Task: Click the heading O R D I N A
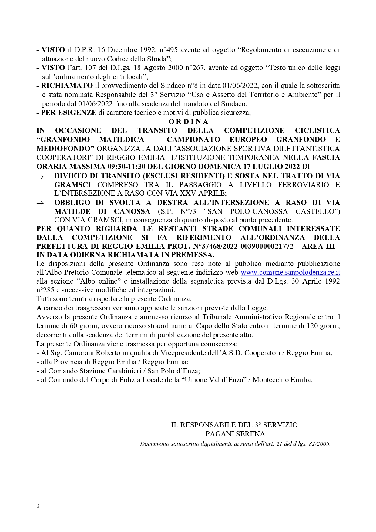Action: click(x=188, y=122)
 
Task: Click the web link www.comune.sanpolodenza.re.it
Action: click(x=290, y=272)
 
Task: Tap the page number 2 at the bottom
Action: click(x=38, y=506)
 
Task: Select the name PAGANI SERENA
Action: click(x=235, y=434)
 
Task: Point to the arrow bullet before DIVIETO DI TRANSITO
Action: click(x=40, y=177)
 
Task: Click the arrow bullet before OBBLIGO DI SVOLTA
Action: click(x=40, y=203)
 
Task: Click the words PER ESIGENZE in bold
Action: click(x=69, y=113)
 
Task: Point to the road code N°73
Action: click(x=186, y=211)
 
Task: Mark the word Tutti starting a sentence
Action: click(x=44, y=299)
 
